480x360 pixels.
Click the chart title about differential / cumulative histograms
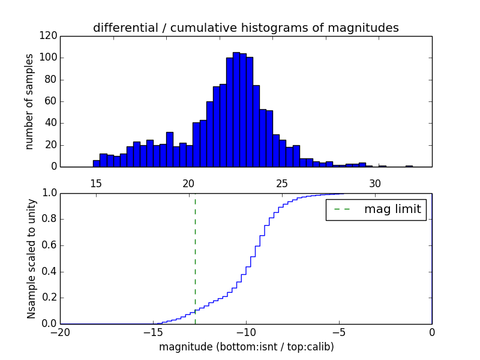(245, 28)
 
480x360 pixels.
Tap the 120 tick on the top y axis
(50, 36)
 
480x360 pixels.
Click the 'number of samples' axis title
(29, 101)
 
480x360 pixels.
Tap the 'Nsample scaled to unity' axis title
(31, 259)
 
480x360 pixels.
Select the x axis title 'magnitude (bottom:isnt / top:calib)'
(246, 347)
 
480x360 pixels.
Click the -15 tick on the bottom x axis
(153, 332)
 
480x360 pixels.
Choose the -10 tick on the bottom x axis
(246, 332)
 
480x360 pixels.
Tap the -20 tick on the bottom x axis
(60, 332)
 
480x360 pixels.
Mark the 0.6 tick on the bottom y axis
(48, 245)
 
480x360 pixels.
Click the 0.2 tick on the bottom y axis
(48, 298)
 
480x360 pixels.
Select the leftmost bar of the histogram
(96, 163)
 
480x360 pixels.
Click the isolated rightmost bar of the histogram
(409, 166)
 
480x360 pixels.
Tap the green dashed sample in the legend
(342, 209)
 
